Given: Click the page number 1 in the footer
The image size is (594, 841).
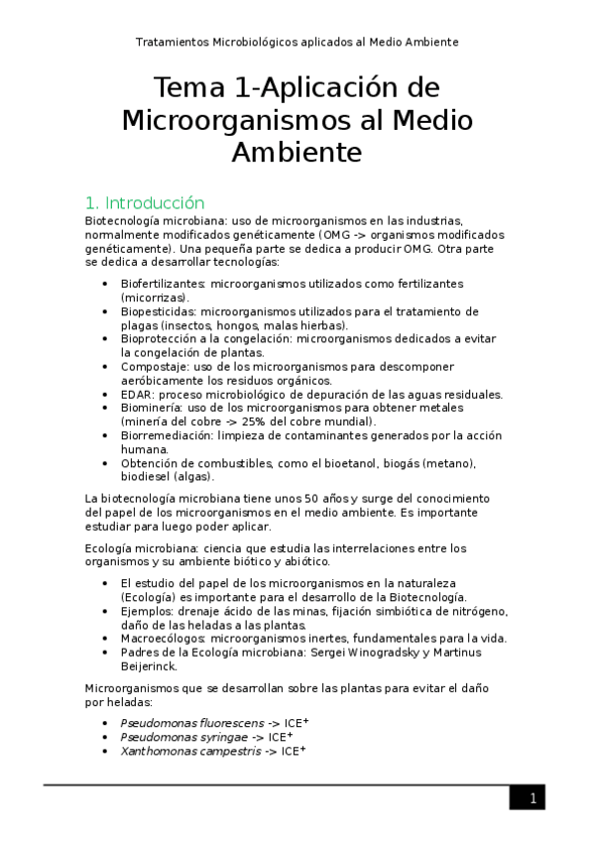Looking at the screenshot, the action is (533, 798).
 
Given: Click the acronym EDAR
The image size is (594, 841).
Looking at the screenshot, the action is (135, 394).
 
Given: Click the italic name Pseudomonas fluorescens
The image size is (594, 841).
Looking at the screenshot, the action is (185, 723).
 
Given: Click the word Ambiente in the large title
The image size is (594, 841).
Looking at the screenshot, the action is (297, 154).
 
